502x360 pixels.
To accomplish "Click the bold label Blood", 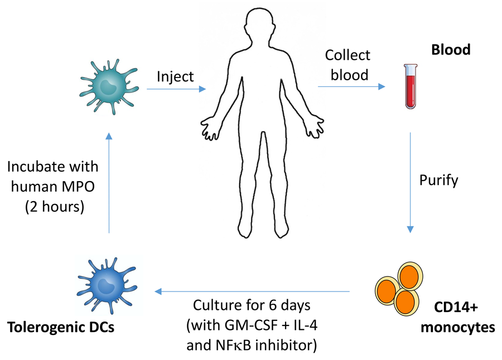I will coord(451,50).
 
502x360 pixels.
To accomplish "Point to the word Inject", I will coord(175,76).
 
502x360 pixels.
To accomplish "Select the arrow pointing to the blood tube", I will coord(351,86).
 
